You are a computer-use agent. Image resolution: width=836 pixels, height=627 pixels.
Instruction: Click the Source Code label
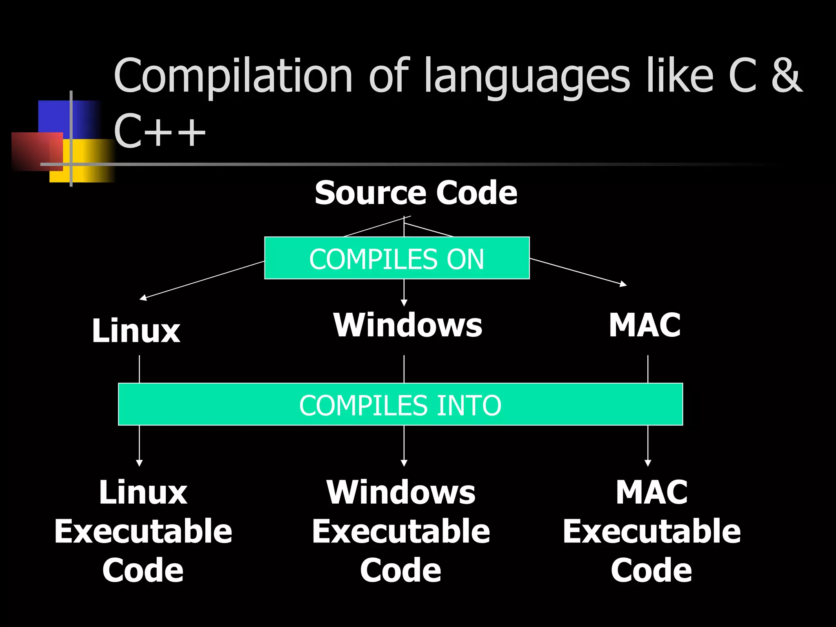point(416,193)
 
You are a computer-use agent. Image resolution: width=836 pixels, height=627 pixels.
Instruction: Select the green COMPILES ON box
point(397,258)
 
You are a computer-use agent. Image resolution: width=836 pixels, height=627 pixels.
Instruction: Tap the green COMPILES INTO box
point(400,405)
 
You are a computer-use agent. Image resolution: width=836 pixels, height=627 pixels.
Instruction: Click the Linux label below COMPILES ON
point(136,331)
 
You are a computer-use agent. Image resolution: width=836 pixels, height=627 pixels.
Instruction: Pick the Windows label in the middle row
point(408,325)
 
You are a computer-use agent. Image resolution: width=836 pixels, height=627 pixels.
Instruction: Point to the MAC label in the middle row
point(645,325)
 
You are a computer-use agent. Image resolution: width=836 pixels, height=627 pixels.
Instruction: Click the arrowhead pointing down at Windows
point(404,302)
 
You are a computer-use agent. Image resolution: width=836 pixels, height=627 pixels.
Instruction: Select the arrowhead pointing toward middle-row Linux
point(143,298)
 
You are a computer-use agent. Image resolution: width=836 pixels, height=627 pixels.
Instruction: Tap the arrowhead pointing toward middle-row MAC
point(623,284)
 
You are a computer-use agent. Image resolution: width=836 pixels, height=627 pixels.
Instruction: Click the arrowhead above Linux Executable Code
point(139,463)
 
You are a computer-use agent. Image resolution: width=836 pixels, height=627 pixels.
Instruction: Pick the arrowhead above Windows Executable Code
point(404,463)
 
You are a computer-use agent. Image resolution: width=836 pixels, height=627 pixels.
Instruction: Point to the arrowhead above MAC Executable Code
point(648,463)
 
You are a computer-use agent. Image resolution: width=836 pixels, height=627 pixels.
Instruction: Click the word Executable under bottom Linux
point(143,531)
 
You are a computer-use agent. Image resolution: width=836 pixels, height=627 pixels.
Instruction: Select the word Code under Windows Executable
point(400,570)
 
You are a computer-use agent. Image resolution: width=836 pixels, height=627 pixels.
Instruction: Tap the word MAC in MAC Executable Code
point(651,492)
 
